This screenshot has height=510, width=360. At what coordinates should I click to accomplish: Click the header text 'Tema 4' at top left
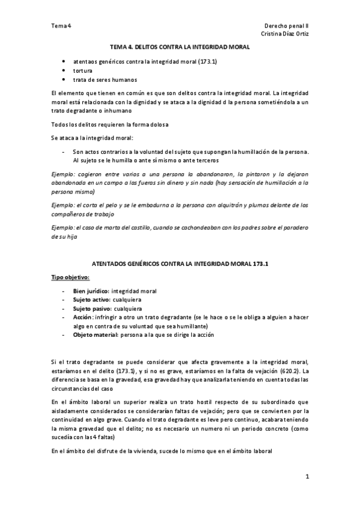point(61,26)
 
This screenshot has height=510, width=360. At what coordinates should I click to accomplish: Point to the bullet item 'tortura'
point(82,70)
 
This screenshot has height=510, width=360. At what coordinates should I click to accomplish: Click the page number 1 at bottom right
point(306,477)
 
